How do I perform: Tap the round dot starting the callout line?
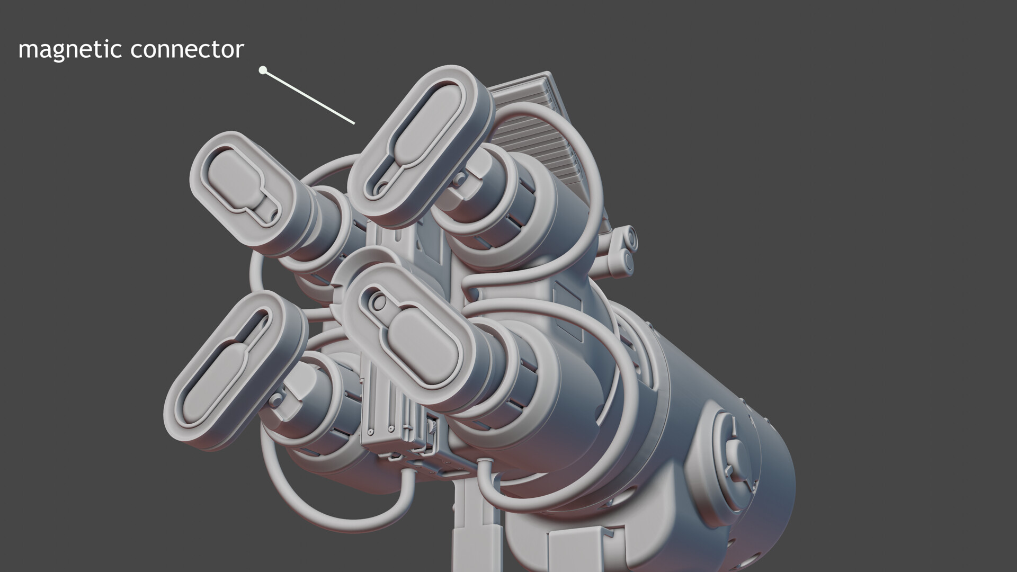262,70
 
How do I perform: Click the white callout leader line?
310,97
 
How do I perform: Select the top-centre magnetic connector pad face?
418,143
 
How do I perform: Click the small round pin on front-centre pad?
378,302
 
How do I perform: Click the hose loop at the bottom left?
339,508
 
